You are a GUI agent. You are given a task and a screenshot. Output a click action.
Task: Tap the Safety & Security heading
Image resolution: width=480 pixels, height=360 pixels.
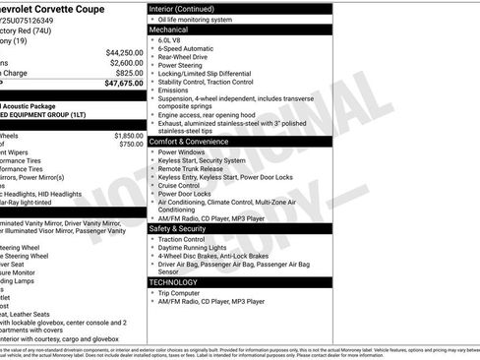tap(183, 228)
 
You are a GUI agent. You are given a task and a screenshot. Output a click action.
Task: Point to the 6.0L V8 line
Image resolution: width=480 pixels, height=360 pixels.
tap(174, 41)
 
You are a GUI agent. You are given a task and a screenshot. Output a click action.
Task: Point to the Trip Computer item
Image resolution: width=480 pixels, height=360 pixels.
tap(181, 292)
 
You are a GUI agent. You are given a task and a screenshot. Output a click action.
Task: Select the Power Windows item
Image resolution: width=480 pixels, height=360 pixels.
tap(181, 152)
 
